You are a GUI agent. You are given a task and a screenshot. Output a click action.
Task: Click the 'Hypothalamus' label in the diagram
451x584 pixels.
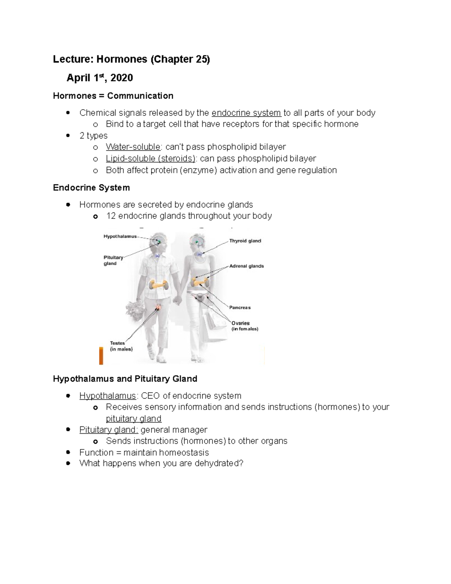tap(120, 237)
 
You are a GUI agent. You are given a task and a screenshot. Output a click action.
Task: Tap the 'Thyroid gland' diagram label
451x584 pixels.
tap(245, 241)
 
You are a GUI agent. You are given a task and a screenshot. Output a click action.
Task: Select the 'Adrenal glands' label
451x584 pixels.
tap(247, 266)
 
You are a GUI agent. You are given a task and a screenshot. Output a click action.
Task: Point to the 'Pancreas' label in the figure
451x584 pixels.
tap(240, 308)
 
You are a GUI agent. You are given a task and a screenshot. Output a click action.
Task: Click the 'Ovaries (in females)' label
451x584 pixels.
tap(244, 326)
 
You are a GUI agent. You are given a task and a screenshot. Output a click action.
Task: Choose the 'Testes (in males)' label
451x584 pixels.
tap(121, 346)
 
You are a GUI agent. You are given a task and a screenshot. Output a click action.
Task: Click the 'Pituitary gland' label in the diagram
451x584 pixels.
tap(113, 261)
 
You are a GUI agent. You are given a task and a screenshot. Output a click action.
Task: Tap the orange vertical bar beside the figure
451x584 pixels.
tap(101, 356)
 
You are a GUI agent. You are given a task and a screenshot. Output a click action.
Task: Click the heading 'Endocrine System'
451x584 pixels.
tap(91, 188)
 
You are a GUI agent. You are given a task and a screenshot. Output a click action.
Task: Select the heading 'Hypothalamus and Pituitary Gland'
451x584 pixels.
tap(125, 379)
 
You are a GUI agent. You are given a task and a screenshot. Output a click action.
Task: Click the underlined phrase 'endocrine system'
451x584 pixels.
tap(246, 113)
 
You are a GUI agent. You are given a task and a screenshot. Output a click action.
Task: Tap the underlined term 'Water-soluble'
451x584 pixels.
tap(133, 147)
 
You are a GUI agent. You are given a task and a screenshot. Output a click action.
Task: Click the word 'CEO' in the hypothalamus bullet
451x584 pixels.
tap(150, 396)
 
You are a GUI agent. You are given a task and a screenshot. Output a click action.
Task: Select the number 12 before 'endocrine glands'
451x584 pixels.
tap(111, 216)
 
